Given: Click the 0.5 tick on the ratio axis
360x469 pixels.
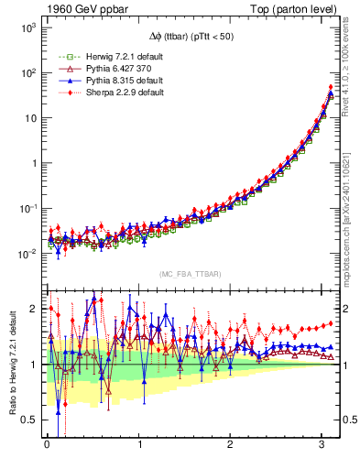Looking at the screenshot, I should tap(31, 420).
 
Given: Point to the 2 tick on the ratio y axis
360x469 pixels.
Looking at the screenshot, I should tap(35, 309).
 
